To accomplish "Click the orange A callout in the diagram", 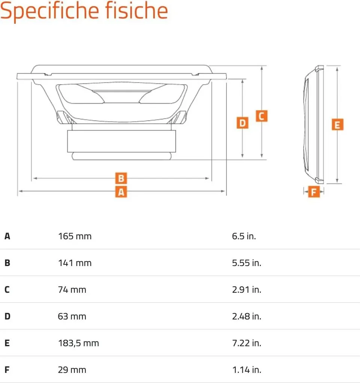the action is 121,192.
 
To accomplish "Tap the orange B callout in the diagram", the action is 121,178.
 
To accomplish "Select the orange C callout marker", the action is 262,116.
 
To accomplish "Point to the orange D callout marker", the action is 242,123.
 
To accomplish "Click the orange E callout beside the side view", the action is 338,125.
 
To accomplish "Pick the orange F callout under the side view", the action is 314,192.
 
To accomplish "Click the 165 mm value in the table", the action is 75,236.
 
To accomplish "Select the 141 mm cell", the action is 75,263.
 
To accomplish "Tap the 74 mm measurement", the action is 72,290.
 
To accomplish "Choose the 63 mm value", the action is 72,316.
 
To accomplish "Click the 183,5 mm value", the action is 79,343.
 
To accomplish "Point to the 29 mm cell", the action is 72,370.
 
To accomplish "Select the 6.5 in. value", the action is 244,236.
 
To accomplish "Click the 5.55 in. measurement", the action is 247,263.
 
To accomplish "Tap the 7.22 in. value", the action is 247,343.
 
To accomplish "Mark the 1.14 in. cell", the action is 247,370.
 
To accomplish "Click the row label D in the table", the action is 7,316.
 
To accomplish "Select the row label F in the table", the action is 7,370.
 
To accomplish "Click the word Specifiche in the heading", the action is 50,11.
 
